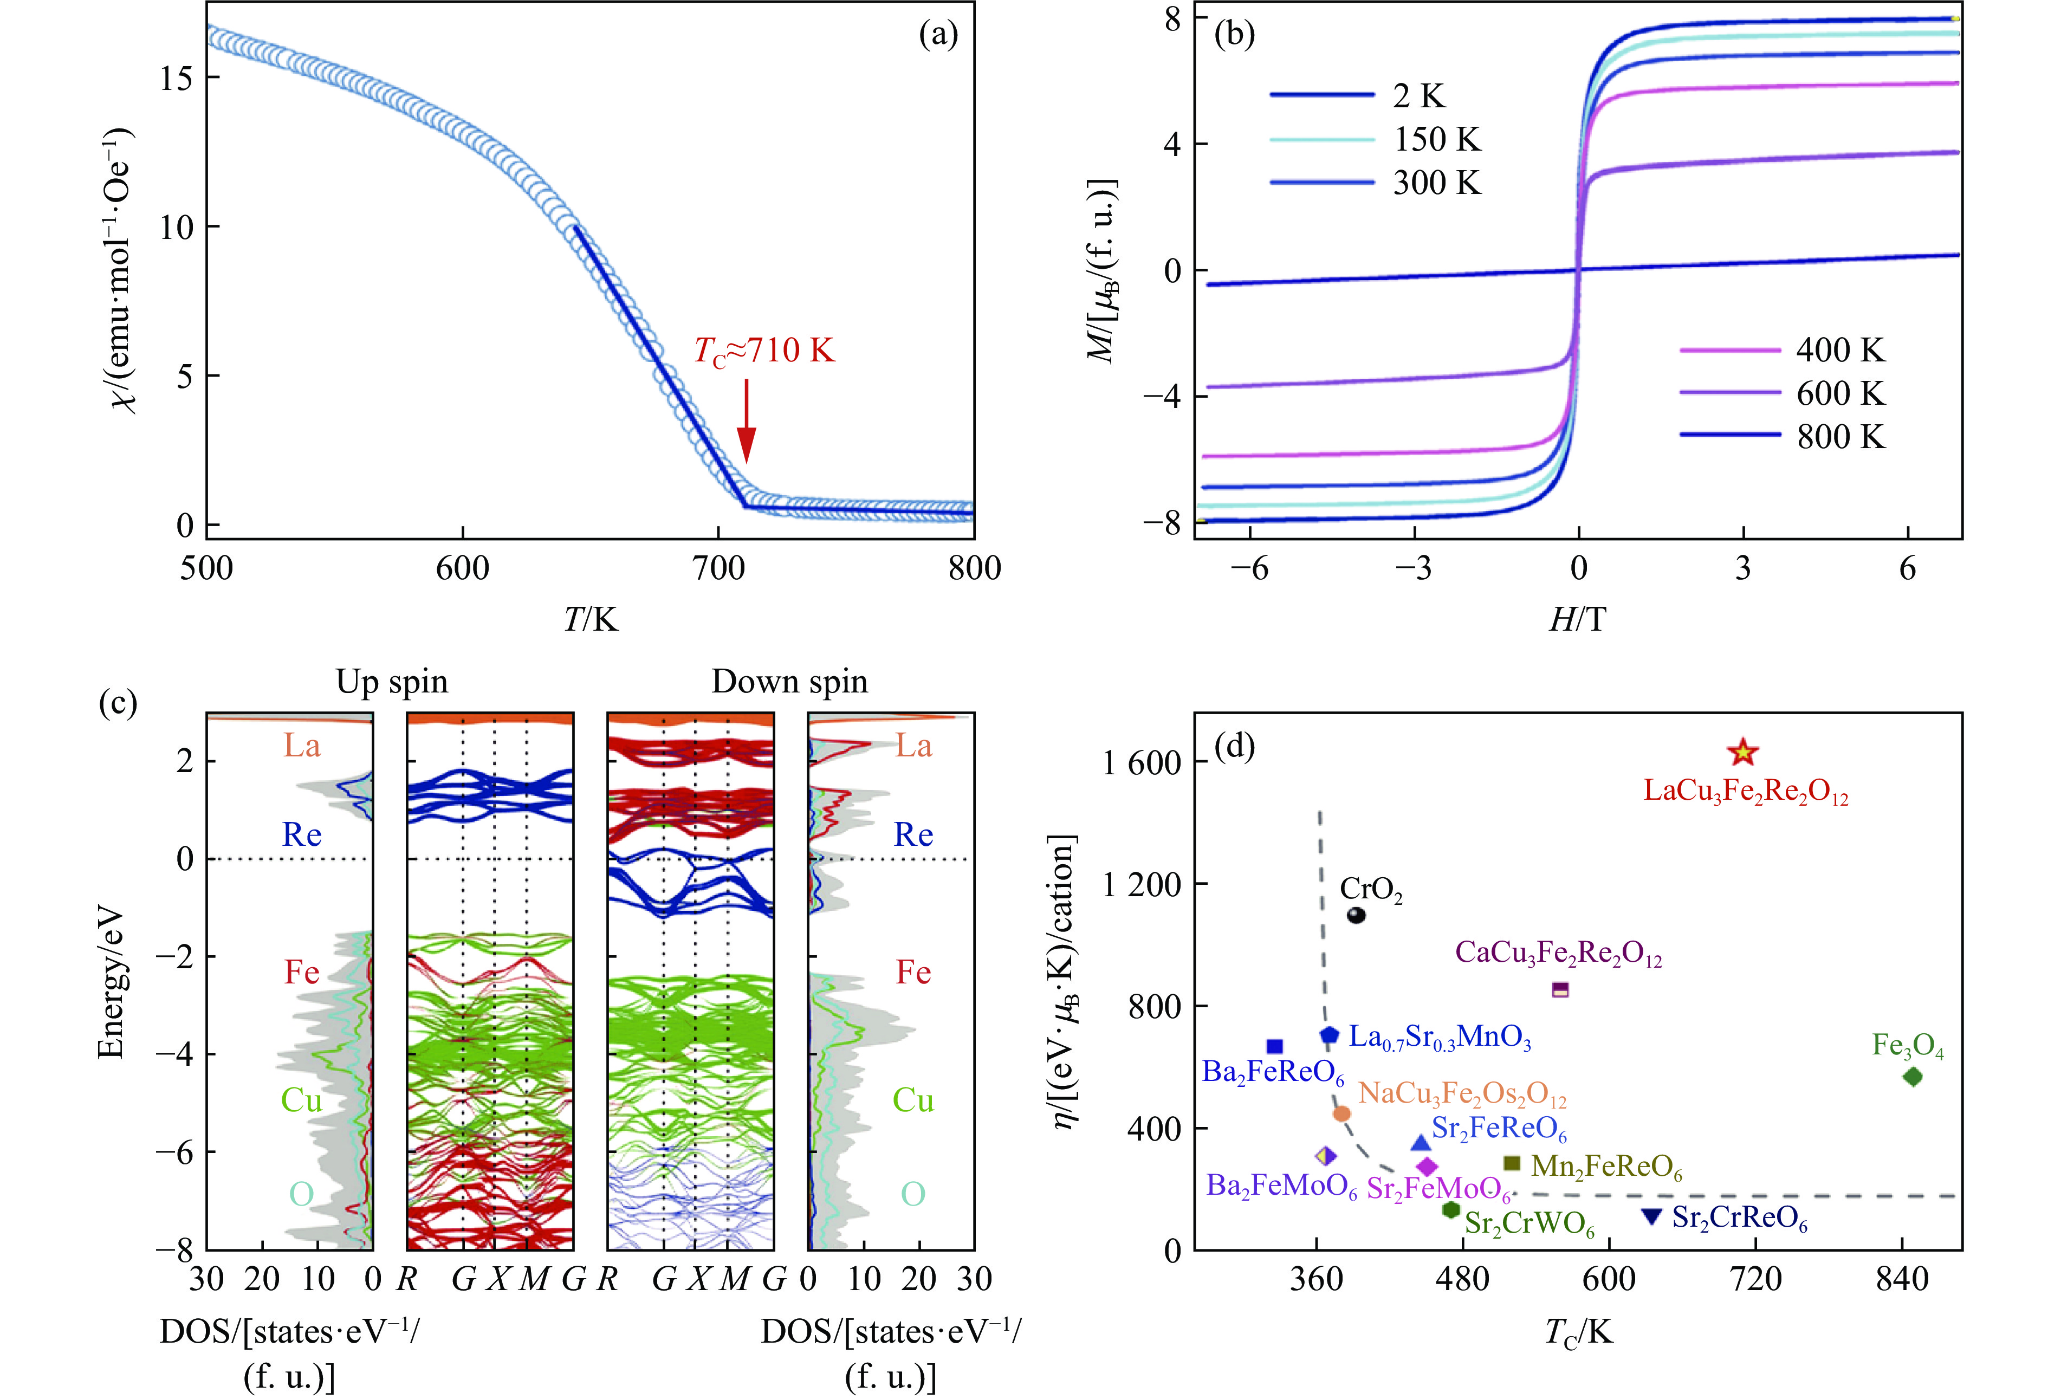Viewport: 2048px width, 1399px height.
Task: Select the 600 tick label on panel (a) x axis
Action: point(463,568)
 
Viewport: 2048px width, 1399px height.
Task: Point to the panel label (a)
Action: point(938,35)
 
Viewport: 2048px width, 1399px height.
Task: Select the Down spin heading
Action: point(789,682)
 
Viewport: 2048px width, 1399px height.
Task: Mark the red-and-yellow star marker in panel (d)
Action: point(1743,753)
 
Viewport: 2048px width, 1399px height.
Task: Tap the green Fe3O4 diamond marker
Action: point(1913,1077)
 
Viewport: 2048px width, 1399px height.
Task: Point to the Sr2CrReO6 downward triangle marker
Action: point(1651,1216)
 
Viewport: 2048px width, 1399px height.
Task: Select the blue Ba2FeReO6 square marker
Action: point(1274,1046)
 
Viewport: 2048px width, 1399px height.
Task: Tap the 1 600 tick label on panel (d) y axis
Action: point(1141,762)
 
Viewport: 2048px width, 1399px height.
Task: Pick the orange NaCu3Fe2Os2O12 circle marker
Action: point(1341,1113)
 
